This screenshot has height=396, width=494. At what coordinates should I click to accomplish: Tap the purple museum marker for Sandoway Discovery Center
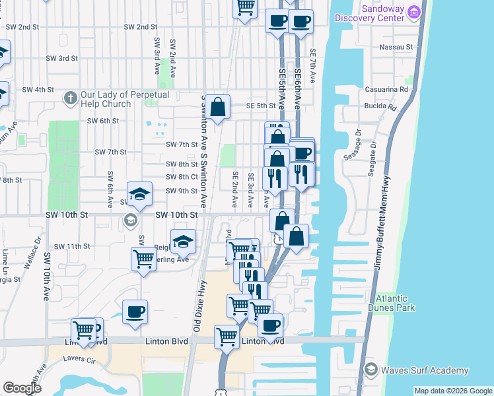click(415, 11)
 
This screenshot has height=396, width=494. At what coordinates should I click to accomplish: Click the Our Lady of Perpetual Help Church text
click(125, 99)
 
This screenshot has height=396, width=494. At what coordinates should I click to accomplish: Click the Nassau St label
click(396, 48)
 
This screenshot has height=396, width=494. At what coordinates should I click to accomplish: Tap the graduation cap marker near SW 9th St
click(139, 193)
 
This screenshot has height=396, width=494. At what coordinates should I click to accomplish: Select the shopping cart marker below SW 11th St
click(143, 259)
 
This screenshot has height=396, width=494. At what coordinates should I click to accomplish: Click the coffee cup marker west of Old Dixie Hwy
click(135, 312)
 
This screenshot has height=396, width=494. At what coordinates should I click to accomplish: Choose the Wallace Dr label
click(30, 255)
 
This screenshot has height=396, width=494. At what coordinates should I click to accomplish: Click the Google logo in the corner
click(22, 388)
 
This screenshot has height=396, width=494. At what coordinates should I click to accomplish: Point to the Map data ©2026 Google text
click(453, 391)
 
